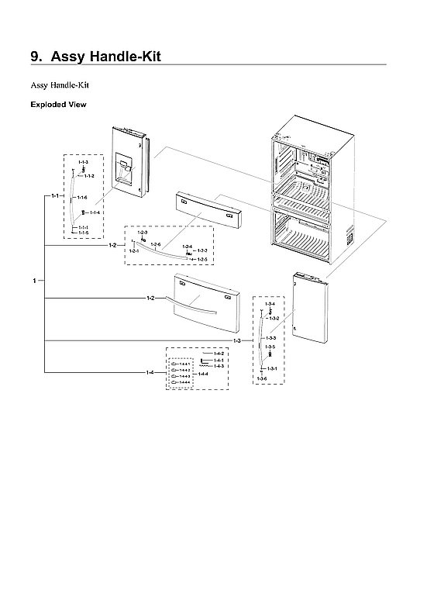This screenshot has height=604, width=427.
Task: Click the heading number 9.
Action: tap(34, 57)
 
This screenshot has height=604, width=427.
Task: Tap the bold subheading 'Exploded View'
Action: tap(57, 104)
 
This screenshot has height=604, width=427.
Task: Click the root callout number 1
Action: tap(34, 280)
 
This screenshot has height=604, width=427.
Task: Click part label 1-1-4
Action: tap(95, 212)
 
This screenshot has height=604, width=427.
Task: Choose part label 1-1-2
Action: tap(90, 177)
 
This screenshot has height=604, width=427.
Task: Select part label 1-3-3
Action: tap(271, 339)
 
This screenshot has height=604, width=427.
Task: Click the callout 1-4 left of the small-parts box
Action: tap(150, 373)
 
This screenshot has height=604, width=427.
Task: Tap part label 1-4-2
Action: tap(219, 354)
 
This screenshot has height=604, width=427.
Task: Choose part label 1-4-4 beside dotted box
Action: tap(202, 374)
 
